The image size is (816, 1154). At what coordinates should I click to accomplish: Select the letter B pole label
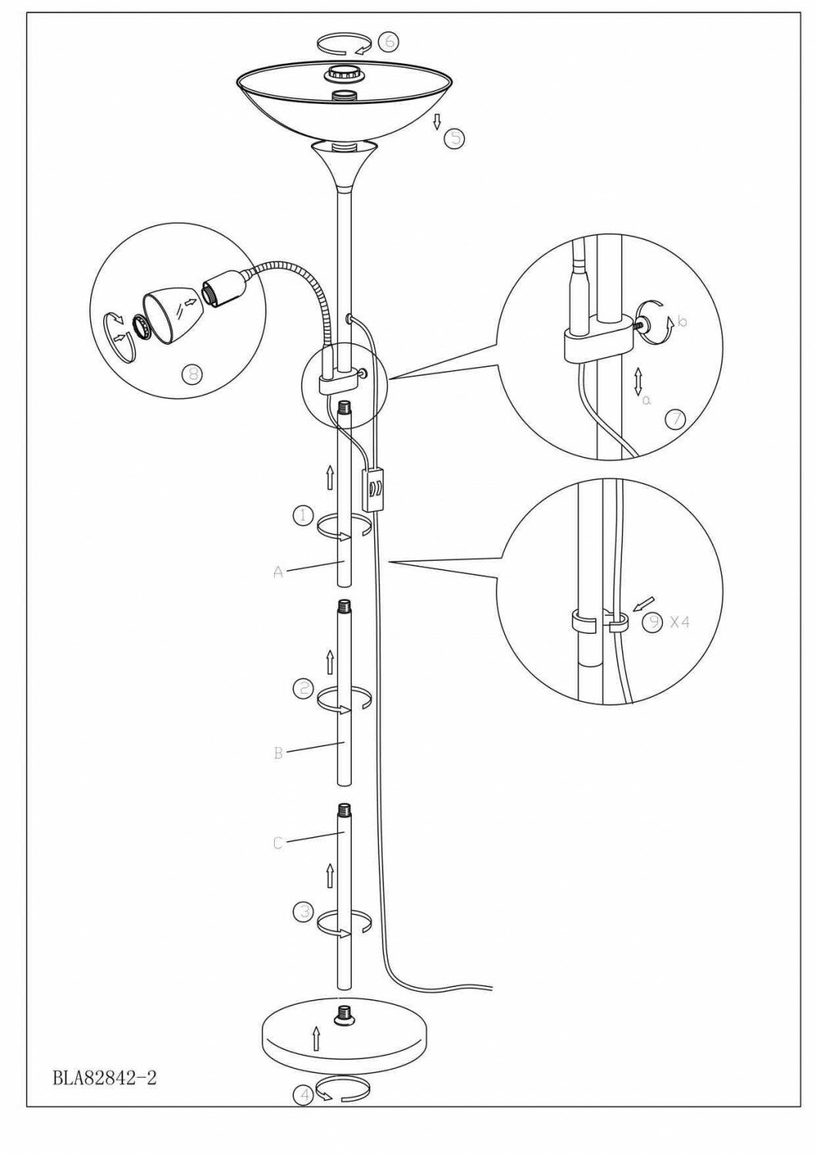(279, 752)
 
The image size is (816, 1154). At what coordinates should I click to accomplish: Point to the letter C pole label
(279, 843)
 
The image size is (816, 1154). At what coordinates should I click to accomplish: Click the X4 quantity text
(680, 622)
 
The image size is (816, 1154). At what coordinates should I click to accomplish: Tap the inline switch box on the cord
(375, 490)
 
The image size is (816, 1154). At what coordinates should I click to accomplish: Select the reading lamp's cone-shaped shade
(169, 305)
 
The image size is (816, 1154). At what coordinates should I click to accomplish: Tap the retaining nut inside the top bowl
(341, 74)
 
